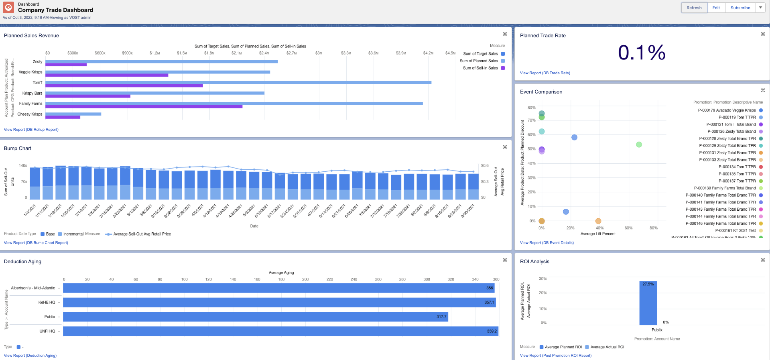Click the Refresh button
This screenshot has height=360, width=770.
(694, 8)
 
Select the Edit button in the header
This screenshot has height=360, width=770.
(716, 8)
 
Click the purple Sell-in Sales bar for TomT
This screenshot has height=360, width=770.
(124, 85)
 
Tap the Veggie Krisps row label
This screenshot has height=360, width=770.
(30, 72)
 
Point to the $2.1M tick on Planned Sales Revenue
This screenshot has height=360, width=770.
(237, 53)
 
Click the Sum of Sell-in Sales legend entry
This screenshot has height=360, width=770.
(480, 68)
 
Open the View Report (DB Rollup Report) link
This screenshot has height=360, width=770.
(31, 130)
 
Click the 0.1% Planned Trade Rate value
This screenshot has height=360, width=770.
(641, 53)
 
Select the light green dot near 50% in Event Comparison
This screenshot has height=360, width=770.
(639, 144)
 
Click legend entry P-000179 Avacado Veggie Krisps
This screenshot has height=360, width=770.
(727, 110)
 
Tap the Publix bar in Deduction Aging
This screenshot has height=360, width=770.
(256, 317)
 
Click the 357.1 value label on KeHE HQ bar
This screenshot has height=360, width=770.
(489, 303)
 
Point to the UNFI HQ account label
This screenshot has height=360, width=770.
(47, 331)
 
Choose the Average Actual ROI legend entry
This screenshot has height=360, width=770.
(607, 347)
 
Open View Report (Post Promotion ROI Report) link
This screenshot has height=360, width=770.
(555, 356)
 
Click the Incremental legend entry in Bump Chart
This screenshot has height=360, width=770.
(73, 234)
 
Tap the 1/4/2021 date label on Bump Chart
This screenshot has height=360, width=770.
(30, 210)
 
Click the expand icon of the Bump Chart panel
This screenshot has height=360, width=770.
(505, 147)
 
